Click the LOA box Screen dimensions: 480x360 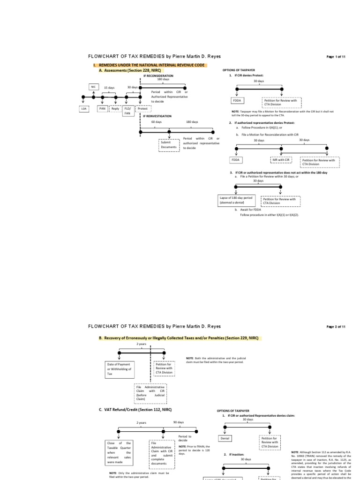pos(84,109)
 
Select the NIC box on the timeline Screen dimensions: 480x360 pos(94,87)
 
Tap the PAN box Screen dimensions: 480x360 pos(102,109)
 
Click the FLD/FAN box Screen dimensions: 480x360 pos(127,111)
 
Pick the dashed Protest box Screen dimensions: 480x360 pos(142,109)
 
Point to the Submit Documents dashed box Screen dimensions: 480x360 pos(169,145)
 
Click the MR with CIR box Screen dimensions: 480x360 pos(281,160)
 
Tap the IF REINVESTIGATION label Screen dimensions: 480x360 pos(157,116)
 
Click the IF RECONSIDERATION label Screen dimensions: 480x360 pos(158,75)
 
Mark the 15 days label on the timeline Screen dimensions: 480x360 pos(109,88)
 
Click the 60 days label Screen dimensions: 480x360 pos(157,122)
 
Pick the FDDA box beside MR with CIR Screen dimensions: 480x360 pos(235,160)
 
